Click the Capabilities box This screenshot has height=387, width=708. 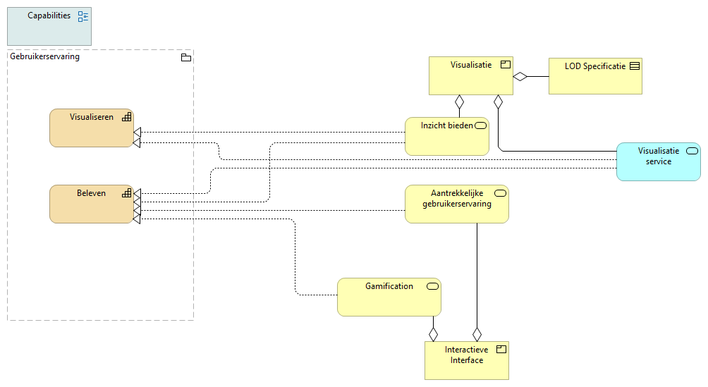coord(49,25)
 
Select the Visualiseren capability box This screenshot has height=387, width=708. coord(91,128)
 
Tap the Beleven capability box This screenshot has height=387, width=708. coord(91,204)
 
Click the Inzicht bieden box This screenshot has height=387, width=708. coord(447,137)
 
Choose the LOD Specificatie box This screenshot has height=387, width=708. coord(595,76)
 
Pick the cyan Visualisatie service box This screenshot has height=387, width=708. coord(659,162)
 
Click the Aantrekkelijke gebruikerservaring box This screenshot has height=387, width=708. coord(456,204)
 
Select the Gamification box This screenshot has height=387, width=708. coord(389,297)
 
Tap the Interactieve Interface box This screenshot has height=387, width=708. coord(466,360)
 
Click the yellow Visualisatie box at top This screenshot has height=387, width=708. coord(471,75)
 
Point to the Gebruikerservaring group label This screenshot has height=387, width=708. coord(45,57)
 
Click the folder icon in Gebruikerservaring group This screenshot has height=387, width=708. coord(186,58)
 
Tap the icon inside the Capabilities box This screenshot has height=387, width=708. coord(83,17)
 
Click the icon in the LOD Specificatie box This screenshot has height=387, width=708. coord(634,66)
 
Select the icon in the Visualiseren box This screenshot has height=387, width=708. coord(126,117)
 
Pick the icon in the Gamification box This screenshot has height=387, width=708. coord(432,286)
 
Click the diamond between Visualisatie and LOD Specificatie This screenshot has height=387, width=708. coord(520,76)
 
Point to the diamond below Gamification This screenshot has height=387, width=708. coord(434,333)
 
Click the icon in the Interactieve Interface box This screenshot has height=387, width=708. coord(502,349)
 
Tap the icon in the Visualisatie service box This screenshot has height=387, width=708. coord(692,151)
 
